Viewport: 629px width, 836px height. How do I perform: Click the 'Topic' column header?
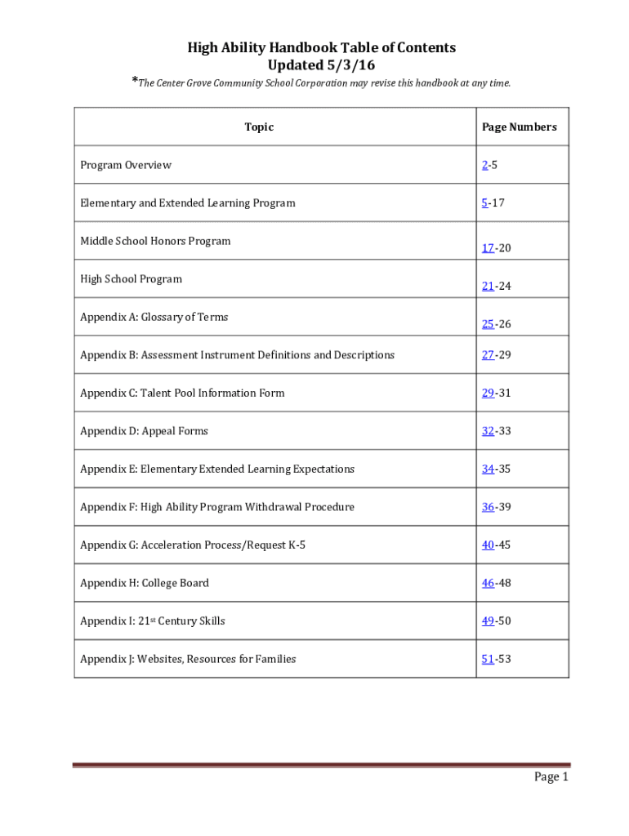259,127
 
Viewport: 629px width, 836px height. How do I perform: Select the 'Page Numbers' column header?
519,127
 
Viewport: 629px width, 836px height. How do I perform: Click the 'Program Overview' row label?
126,165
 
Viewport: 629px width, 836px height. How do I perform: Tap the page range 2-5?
489,165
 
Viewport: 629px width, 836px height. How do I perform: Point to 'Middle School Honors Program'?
155,241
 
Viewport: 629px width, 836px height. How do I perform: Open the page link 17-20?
496,248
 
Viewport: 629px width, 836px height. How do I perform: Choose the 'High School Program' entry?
131,279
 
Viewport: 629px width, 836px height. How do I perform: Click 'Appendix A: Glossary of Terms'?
154,317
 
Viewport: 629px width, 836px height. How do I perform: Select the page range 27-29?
496,355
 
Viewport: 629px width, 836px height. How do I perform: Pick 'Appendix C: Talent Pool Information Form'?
182,393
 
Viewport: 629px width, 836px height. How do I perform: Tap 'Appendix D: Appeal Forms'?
144,431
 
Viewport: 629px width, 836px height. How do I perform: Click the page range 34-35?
496,469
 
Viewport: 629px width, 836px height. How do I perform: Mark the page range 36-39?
496,507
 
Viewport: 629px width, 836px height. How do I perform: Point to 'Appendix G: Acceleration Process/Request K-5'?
193,545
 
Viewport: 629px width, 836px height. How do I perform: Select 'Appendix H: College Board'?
145,583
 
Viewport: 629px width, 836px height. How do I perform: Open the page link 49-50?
496,620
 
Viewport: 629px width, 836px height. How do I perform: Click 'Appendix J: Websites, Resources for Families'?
188,659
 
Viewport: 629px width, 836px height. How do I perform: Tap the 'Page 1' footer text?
551,776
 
